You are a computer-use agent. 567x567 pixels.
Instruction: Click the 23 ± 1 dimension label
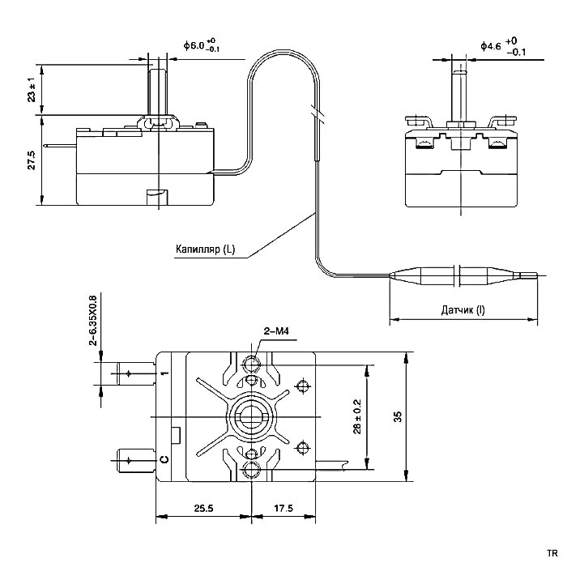click(32, 90)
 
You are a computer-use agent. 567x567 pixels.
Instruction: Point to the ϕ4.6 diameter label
click(503, 46)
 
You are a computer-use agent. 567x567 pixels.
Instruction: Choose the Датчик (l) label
click(463, 310)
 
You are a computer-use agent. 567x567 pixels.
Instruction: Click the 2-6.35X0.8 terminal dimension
click(93, 321)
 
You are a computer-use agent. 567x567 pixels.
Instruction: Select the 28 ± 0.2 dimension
click(357, 416)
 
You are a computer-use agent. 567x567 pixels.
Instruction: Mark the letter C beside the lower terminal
click(164, 460)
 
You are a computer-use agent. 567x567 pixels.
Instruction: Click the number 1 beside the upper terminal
click(164, 373)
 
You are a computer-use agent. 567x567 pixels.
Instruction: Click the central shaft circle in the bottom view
click(250, 416)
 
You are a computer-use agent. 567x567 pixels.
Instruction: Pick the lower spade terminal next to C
click(134, 460)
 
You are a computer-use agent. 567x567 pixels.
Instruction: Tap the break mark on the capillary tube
click(316, 113)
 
